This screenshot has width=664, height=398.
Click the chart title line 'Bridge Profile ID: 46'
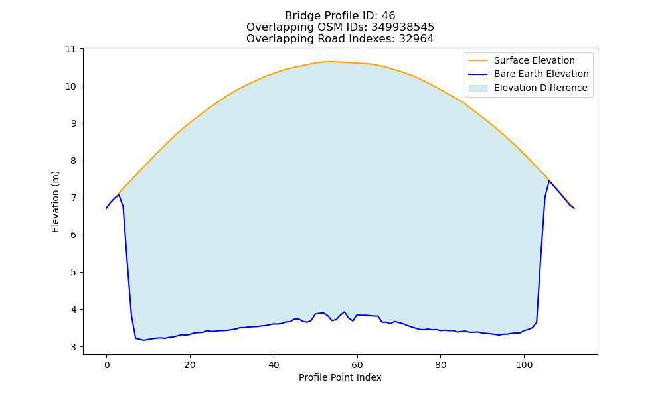[x=340, y=16]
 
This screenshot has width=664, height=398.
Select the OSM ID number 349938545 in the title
[x=403, y=27]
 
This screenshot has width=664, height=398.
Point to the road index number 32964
[x=416, y=39]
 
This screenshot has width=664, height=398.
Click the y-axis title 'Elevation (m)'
[x=56, y=202]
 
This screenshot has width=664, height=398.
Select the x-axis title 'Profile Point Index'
[x=340, y=377]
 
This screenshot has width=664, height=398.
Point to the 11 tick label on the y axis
[x=71, y=49]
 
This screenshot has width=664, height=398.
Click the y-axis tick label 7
[x=74, y=198]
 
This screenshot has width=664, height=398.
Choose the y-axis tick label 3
[x=74, y=347]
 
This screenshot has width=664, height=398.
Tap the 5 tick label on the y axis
[x=74, y=273]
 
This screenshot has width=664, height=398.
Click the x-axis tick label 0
[x=107, y=365]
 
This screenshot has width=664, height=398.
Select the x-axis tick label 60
[x=357, y=365]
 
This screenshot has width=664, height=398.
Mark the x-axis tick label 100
[x=525, y=365]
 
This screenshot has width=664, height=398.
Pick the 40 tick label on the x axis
[x=274, y=365]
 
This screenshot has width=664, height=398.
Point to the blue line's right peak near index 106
[x=549, y=180]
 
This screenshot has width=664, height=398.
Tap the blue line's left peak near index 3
[x=119, y=195]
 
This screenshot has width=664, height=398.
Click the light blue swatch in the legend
[x=477, y=88]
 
